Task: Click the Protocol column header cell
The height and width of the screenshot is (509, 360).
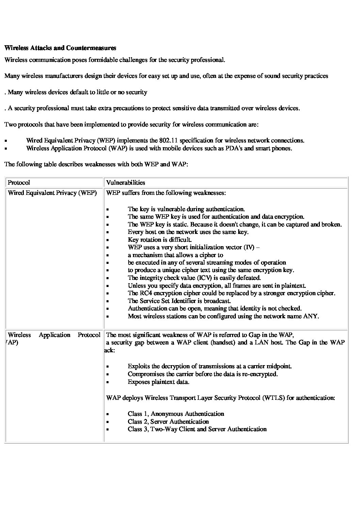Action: pyautogui.click(x=19, y=183)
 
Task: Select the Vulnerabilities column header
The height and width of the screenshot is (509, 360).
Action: pyautogui.click(x=126, y=183)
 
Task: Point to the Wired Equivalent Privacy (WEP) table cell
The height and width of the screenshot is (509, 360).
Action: pyautogui.click(x=52, y=193)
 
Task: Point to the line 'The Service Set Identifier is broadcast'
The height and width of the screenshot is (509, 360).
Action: pyautogui.click(x=180, y=301)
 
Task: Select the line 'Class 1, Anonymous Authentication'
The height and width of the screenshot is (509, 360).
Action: pyautogui.click(x=176, y=414)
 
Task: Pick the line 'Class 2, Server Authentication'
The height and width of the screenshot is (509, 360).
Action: pyautogui.click(x=168, y=422)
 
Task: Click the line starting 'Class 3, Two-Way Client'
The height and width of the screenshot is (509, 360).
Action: pyautogui.click(x=197, y=429)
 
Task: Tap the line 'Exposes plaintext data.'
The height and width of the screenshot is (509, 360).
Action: pyautogui.click(x=159, y=382)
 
